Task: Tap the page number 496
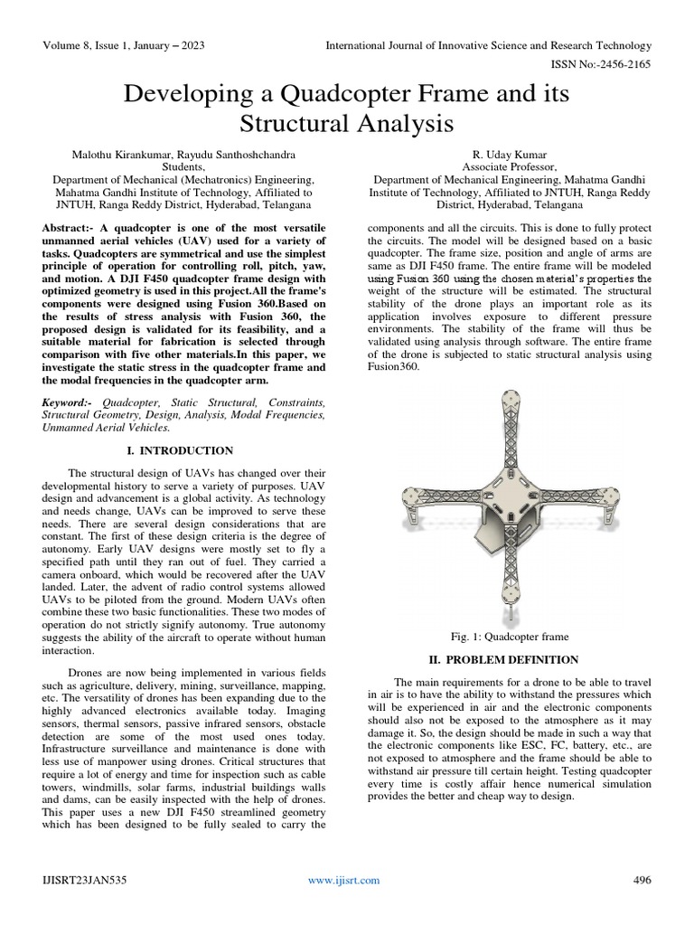[641, 880]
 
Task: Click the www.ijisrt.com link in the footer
[344, 880]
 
